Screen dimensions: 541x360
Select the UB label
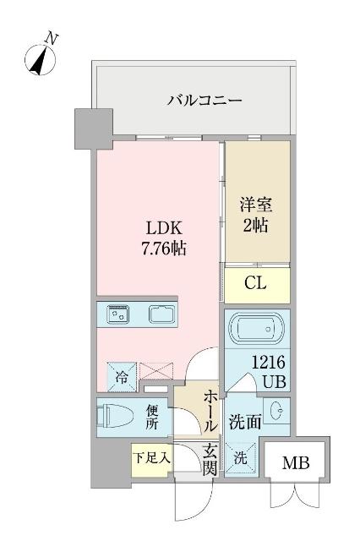coord(273,381)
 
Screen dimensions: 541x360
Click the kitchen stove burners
coord(117,315)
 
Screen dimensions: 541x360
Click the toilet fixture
coord(114,417)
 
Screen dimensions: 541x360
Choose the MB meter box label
coord(295,464)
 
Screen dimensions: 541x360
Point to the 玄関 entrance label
coord(209,459)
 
